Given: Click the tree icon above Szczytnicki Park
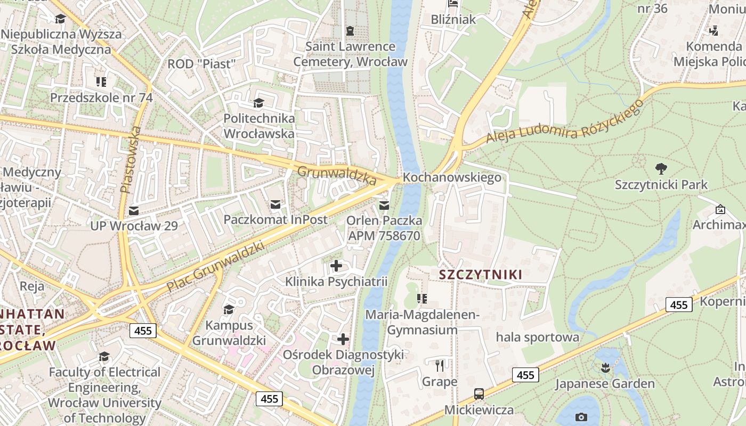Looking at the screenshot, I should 661,169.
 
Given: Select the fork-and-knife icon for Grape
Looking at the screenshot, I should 440,366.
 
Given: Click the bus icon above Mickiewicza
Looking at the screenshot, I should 479,394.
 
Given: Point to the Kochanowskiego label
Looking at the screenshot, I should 452,177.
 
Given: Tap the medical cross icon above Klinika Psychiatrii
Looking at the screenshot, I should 336,265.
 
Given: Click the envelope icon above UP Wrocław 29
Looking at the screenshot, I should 133,210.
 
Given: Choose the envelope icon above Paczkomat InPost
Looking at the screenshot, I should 275,204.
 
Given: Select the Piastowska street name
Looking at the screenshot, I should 132,159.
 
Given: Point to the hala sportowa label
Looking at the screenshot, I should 537,337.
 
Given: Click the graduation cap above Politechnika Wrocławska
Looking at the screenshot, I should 258,103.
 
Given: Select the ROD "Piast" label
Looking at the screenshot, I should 201,64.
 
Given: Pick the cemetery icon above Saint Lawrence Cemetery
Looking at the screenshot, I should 350,31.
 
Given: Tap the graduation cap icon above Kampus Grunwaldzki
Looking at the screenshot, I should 229,309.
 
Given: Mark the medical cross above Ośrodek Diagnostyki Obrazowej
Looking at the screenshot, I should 343,339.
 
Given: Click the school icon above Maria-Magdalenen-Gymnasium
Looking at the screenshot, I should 422,299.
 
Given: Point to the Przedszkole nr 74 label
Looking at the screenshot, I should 101,98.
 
